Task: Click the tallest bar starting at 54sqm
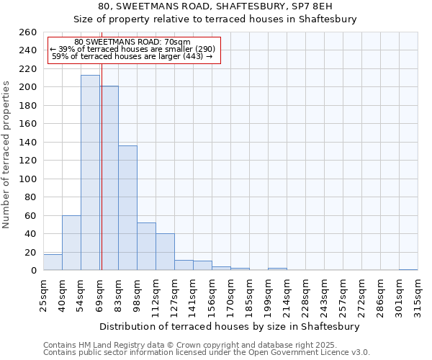tap(90, 173)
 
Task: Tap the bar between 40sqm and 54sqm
tap(71, 243)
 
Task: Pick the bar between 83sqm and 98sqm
tap(127, 208)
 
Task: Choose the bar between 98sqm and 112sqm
tap(146, 246)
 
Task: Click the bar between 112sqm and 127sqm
tap(165, 252)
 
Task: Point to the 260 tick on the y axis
tap(27, 32)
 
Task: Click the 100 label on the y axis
tap(27, 179)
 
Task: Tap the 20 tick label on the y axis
tap(30, 253)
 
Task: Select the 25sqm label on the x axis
tap(44, 292)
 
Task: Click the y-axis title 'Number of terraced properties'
tap(6, 154)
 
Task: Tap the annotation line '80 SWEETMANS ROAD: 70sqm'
tap(132, 42)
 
